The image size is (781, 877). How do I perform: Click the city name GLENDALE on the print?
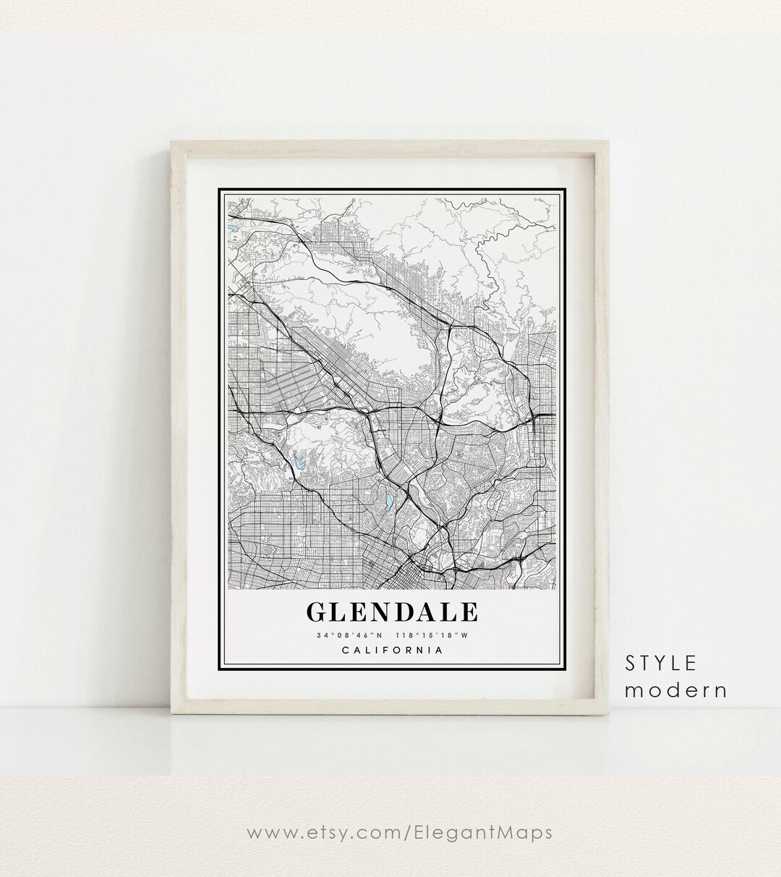(392, 612)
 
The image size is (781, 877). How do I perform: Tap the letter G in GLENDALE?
(317, 612)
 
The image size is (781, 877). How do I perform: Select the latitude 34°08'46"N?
(342, 636)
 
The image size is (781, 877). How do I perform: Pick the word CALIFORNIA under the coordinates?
(392, 650)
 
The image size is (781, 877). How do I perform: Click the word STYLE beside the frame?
(661, 663)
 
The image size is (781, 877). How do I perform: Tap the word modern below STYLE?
(675, 690)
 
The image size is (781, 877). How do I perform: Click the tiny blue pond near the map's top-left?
(233, 232)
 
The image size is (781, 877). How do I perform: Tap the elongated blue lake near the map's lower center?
(388, 499)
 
